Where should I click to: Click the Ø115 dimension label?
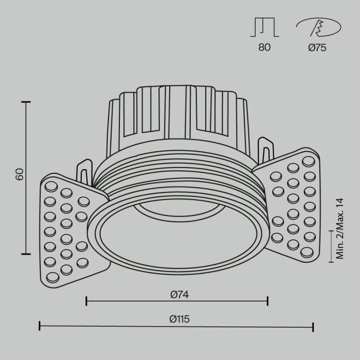click(179, 319)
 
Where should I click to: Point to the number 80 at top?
click(264, 48)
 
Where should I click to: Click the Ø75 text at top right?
click(317, 48)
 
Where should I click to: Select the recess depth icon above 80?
click(264, 27)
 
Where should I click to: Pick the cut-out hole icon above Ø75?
click(317, 27)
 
